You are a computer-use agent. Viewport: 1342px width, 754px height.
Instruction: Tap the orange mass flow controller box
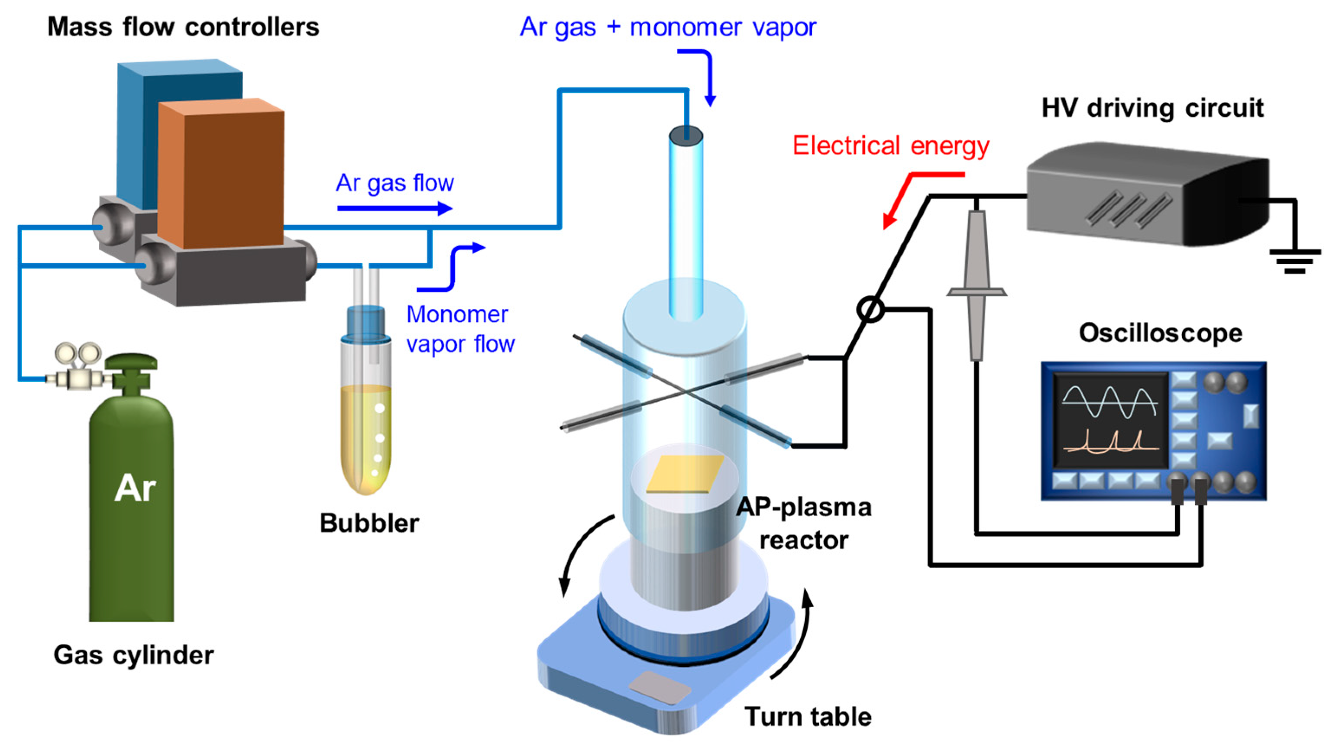pos(221,175)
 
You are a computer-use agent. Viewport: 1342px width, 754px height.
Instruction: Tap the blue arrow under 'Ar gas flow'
pos(395,208)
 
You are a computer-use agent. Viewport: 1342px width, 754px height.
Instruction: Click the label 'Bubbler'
pos(369,523)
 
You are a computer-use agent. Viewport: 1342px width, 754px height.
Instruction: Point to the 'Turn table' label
pos(808,716)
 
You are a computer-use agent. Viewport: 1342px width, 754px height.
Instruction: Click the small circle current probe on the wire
pos(870,310)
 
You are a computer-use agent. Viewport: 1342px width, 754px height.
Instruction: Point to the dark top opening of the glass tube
pos(686,136)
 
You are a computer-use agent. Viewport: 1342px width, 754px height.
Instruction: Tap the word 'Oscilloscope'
pos(1160,333)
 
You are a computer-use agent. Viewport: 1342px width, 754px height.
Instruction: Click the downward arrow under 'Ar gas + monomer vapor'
pos(708,78)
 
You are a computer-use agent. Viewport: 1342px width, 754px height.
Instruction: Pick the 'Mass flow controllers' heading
pos(183,27)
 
